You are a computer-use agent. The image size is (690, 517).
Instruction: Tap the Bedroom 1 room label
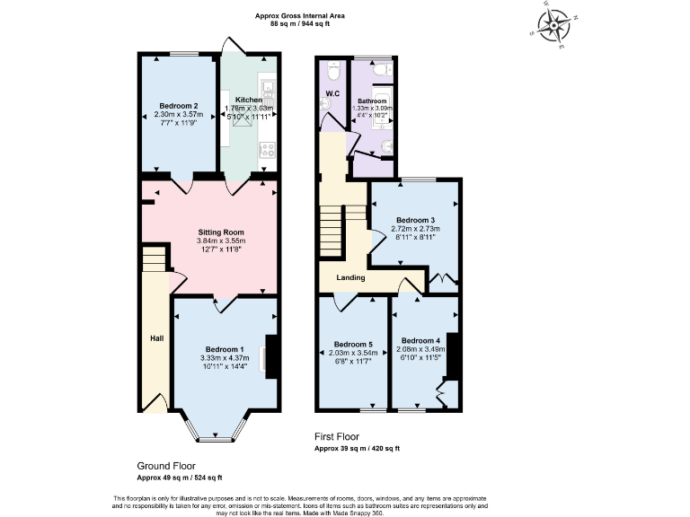point(225,349)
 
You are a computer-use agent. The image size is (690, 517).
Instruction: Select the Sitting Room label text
point(221,232)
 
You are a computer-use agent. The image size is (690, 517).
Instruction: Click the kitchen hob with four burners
point(267,150)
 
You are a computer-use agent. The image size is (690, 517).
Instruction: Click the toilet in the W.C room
point(332,68)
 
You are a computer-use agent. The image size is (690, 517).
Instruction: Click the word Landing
point(350,277)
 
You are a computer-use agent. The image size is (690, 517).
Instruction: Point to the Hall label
point(155,338)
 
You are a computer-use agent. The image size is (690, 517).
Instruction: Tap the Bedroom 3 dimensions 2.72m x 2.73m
point(418,230)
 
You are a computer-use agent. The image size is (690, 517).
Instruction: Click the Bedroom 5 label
point(352,344)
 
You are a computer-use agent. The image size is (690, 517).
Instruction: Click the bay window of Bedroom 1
point(213,434)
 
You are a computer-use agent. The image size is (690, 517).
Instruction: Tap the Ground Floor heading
point(165,466)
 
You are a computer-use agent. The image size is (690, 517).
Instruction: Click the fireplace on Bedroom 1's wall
point(269,356)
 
